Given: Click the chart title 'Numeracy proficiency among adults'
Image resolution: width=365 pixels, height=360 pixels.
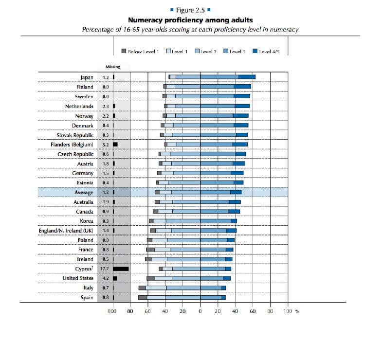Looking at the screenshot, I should coord(190,20).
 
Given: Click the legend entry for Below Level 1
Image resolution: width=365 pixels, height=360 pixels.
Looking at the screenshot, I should coord(140,51).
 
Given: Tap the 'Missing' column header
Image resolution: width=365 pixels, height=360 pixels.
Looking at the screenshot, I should coord(113,67).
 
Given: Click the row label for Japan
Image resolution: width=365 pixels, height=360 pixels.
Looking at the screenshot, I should coord(87,77).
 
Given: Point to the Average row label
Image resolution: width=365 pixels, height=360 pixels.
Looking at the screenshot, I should coord(83,193).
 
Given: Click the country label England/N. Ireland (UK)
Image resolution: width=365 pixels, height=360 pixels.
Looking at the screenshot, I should coord(66,231).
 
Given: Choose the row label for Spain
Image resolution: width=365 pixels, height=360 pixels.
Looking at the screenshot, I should coord(87,297).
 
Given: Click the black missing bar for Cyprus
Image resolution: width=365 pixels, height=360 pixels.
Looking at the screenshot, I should coord(121,269).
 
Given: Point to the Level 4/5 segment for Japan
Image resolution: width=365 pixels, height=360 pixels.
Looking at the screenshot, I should coord(247,77).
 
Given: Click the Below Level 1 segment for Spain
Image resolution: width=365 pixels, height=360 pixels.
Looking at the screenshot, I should coord(143,297).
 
